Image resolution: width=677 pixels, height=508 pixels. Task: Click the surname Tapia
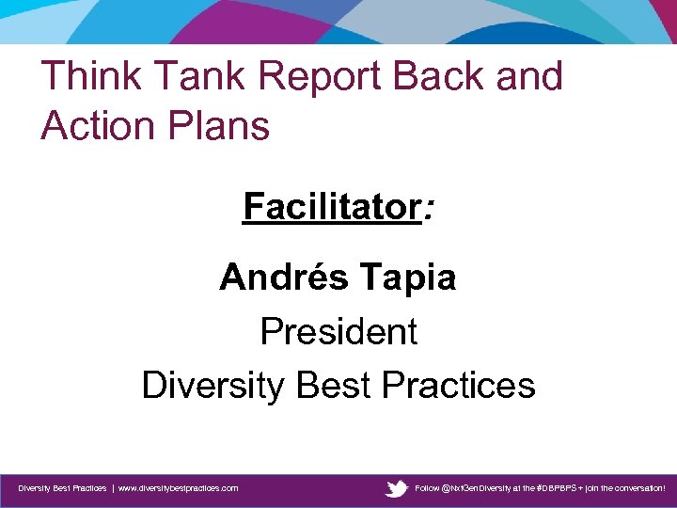pos(405,278)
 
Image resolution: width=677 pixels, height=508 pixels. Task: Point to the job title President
pos(338,331)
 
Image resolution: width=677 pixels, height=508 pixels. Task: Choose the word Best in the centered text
pos(334,385)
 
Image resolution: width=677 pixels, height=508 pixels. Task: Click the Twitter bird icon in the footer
pos(397,488)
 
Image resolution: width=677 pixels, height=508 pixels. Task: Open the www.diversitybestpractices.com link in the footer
pos(178,489)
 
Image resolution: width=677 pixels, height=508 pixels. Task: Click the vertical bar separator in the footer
pos(112,489)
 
